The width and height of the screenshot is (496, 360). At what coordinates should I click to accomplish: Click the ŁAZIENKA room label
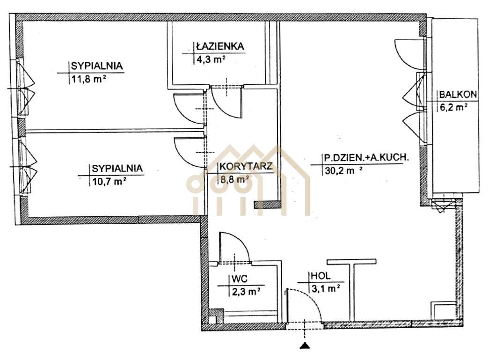219,46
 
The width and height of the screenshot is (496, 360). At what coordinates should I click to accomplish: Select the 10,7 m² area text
108,180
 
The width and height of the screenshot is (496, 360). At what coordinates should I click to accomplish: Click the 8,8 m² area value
234,178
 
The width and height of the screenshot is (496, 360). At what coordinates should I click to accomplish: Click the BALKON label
458,95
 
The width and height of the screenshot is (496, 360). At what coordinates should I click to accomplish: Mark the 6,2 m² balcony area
453,107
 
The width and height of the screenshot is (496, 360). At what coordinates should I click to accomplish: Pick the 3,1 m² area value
325,289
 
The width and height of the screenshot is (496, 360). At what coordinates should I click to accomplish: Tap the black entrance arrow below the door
305,346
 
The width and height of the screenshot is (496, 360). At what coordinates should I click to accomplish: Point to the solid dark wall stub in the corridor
266,205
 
